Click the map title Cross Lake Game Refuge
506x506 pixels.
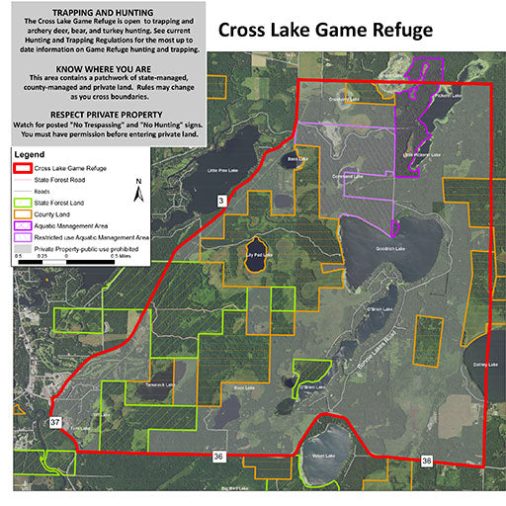pyautogui.click(x=325, y=30)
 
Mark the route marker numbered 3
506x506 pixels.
pyautogui.click(x=221, y=202)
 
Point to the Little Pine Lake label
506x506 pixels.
pyautogui.click(x=224, y=169)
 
